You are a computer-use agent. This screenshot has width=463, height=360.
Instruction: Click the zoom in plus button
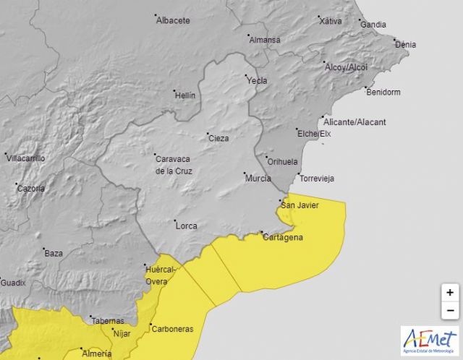point(450,293)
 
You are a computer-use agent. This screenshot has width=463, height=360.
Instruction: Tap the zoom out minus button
point(450,311)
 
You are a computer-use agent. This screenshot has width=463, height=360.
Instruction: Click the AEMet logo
point(430,340)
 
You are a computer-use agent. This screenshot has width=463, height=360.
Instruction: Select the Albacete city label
point(173,20)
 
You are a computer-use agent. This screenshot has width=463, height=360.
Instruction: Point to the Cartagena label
point(283,238)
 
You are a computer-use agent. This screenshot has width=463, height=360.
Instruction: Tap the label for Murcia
point(258,179)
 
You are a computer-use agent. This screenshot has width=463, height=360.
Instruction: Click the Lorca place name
point(186,226)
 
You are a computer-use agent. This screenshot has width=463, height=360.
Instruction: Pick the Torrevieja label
point(318,178)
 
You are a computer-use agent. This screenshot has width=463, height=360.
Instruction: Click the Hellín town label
point(184,95)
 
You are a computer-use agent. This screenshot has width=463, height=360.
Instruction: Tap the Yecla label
point(258,80)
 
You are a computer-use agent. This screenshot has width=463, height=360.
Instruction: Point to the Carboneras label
point(173,329)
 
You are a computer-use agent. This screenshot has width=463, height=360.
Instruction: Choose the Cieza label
point(218,137)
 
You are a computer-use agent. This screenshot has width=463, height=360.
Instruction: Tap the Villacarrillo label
point(26,158)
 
